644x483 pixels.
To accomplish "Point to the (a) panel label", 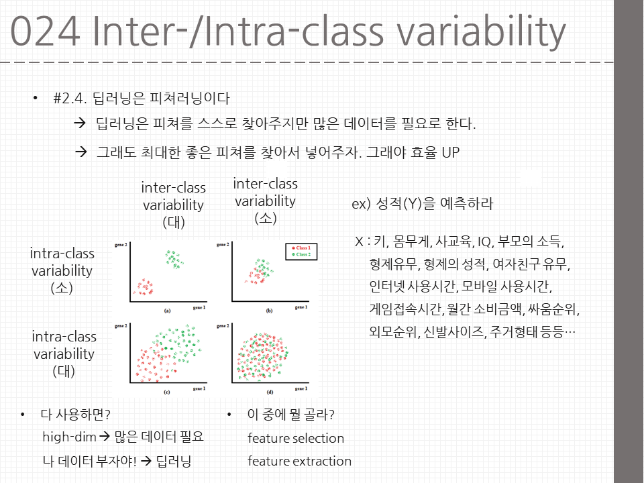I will click(167, 311).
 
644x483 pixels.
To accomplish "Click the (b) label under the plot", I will click(268, 311).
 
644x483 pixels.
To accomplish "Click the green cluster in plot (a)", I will click(174, 258).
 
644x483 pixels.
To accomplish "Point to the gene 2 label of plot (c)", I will click(121, 325).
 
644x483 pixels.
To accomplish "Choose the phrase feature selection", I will click(296, 438).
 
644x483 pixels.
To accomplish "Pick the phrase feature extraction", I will click(299, 461).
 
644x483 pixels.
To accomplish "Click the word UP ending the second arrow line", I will click(449, 152).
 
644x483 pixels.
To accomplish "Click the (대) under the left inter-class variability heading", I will click(173, 222).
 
